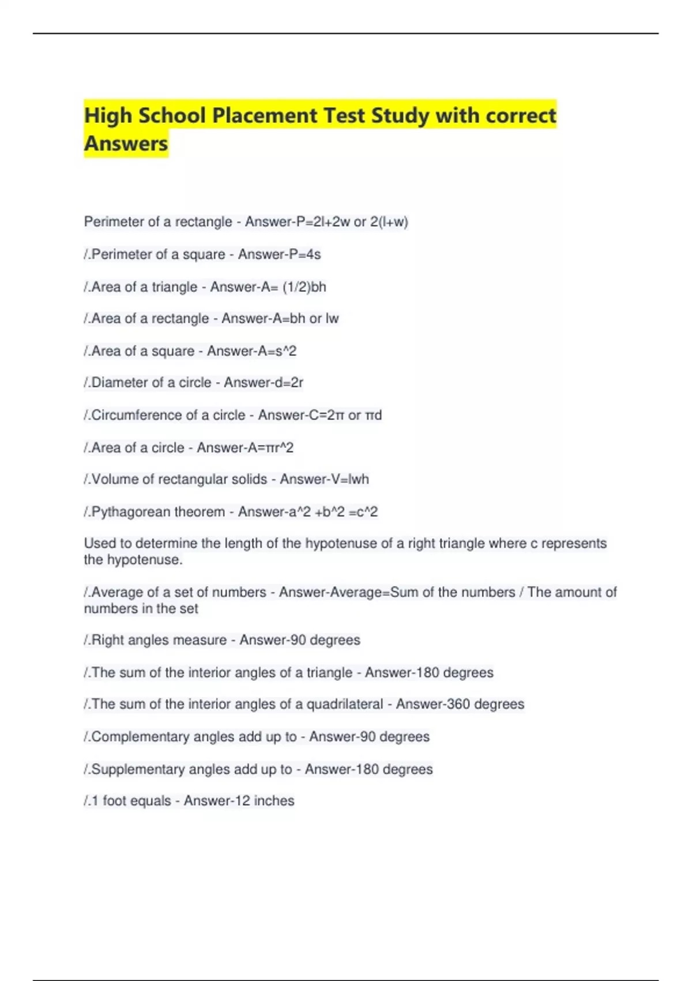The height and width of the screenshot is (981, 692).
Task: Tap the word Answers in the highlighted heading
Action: click(x=126, y=143)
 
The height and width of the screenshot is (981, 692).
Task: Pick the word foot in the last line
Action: click(x=114, y=801)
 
